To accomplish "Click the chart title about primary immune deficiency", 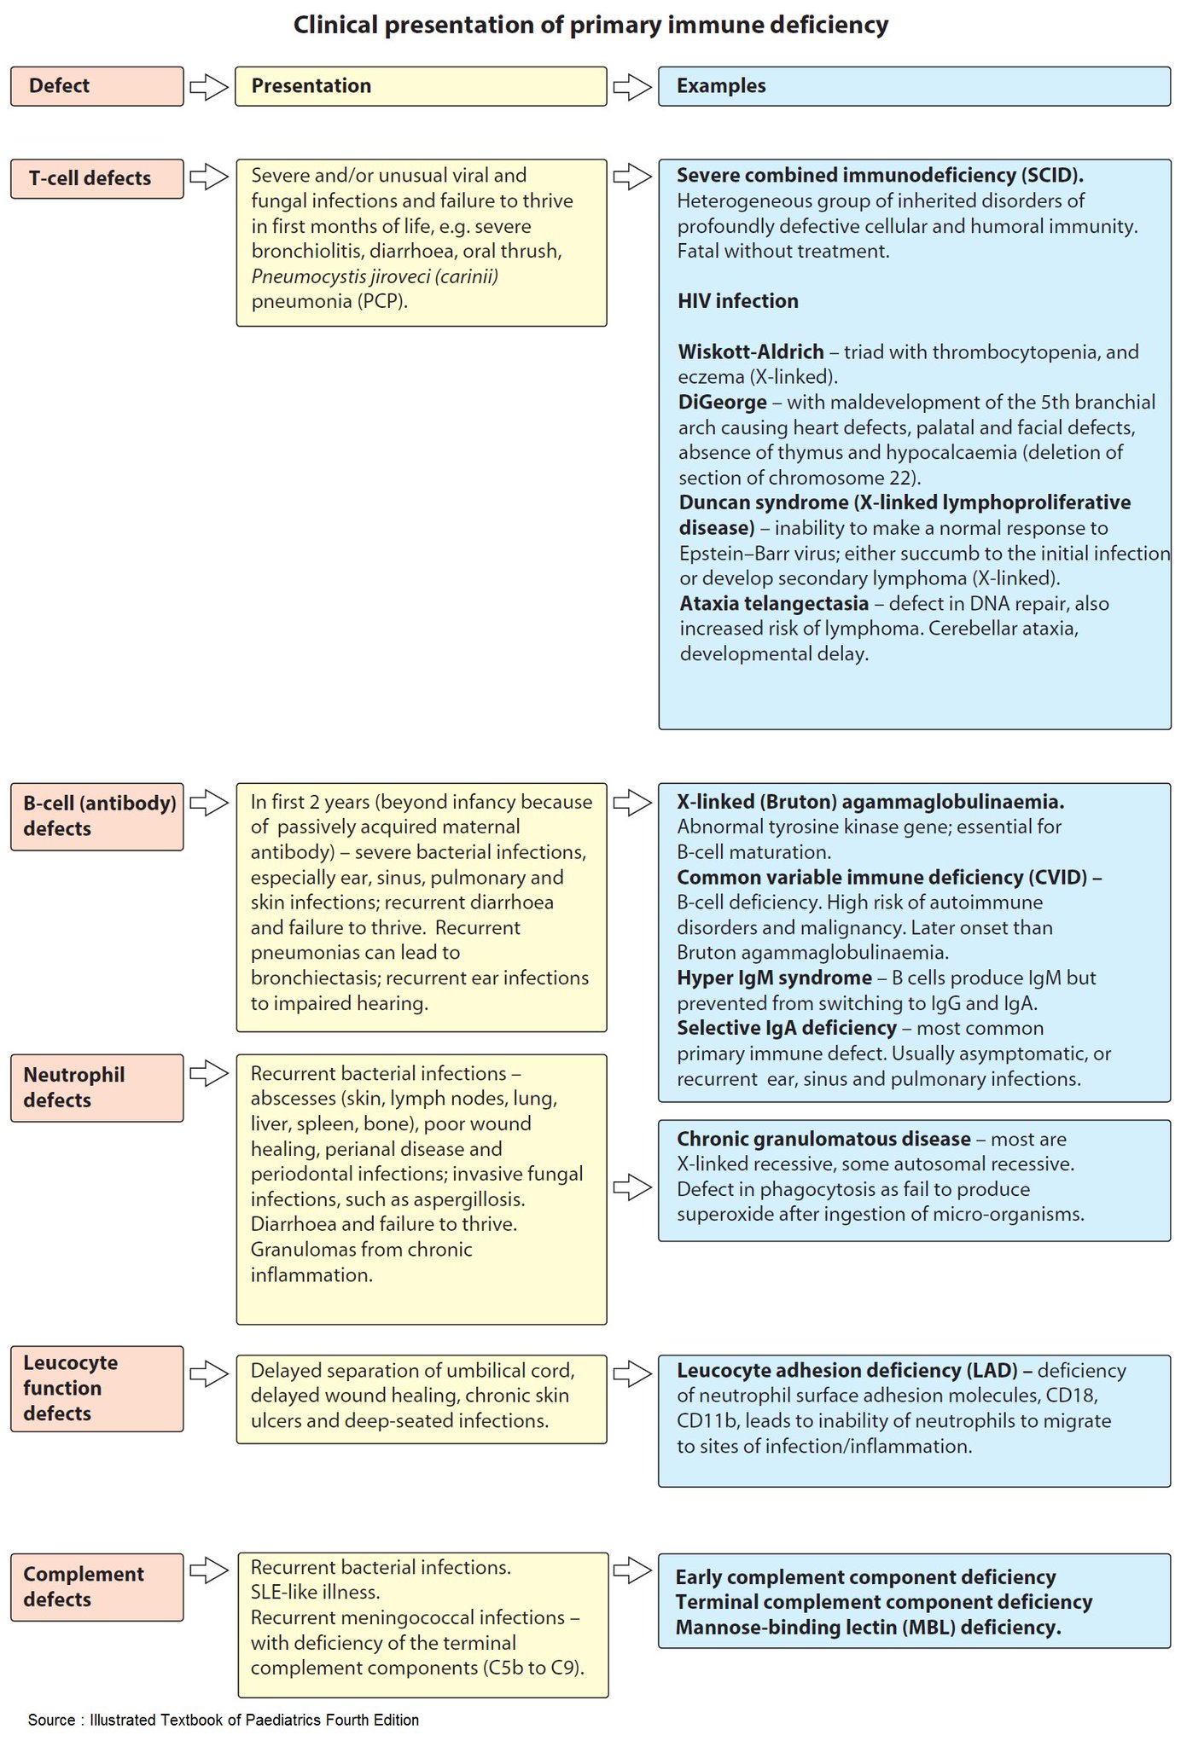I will pyautogui.click(x=590, y=26).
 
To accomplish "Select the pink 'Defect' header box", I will pyautogui.click(x=96, y=86).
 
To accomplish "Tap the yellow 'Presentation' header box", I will pyautogui.click(x=421, y=86).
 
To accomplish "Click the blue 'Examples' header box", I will pyautogui.click(x=914, y=86).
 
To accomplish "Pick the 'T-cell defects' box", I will pyautogui.click(x=96, y=178).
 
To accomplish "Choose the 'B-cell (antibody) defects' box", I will pyautogui.click(x=96, y=816).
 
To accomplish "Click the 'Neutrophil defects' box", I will pyautogui.click(x=96, y=1088).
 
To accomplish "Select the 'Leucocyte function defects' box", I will pyautogui.click(x=96, y=1388).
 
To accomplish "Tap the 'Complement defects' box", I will pyautogui.click(x=96, y=1587).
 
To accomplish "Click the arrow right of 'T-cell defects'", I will pyautogui.click(x=208, y=177).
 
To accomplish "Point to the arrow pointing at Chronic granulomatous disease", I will pyautogui.click(x=632, y=1187).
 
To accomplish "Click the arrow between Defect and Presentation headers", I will pyautogui.click(x=208, y=86).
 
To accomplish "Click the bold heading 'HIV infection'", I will pyautogui.click(x=738, y=301).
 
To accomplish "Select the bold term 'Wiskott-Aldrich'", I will pyautogui.click(x=751, y=351).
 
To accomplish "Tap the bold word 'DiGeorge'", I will pyautogui.click(x=723, y=402).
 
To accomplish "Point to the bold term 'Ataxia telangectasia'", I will pyautogui.click(x=774, y=604).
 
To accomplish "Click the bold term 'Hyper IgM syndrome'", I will pyautogui.click(x=774, y=978).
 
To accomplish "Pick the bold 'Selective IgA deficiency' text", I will pyautogui.click(x=787, y=1028).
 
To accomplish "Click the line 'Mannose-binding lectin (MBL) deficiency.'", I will pyautogui.click(x=868, y=1627).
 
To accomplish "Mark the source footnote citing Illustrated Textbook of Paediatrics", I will pyautogui.click(x=224, y=1720).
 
